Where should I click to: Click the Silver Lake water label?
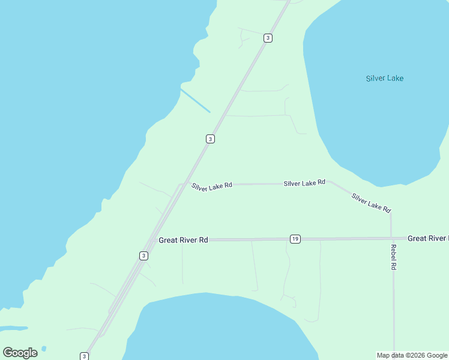point(385,79)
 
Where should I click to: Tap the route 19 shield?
point(295,239)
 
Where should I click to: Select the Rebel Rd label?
point(394,257)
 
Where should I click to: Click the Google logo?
point(20,353)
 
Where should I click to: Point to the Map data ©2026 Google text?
point(412,355)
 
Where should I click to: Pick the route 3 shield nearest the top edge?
point(268,38)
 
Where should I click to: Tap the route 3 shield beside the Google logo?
point(84,356)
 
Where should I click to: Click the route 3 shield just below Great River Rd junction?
point(143,256)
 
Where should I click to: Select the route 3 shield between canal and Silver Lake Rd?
point(210,139)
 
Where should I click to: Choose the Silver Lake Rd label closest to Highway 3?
point(212,187)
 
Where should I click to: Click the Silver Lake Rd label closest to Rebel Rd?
point(371,203)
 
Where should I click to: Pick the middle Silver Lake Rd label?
point(304,182)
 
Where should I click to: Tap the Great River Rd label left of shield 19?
point(183,240)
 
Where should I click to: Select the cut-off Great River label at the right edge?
point(427,239)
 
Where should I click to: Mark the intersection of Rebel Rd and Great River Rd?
point(392,238)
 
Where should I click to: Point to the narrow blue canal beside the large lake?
point(195,100)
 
